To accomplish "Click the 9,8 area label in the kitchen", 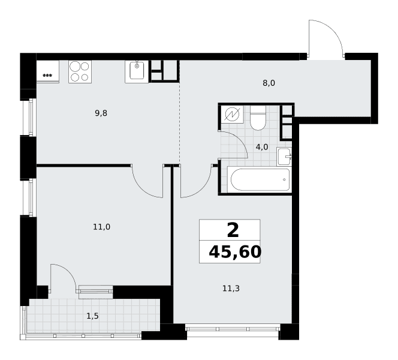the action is (101, 113).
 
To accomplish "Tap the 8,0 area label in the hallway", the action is (269, 83).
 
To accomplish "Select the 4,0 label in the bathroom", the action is (262, 147).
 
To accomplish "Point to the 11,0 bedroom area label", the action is (101, 227).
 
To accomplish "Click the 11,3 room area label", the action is (231, 289).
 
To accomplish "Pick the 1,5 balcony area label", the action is (93, 316).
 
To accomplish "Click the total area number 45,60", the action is (235, 252).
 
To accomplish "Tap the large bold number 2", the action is (233, 230).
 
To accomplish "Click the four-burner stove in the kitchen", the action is (80, 71).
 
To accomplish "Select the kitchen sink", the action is (137, 71).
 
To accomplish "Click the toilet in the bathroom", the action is (258, 118).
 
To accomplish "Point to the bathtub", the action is (259, 179).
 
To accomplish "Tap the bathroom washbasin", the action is (284, 157).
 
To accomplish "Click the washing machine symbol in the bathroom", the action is (232, 114).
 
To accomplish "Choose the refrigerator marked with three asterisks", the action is (48, 71).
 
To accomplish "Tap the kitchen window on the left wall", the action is (29, 117).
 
